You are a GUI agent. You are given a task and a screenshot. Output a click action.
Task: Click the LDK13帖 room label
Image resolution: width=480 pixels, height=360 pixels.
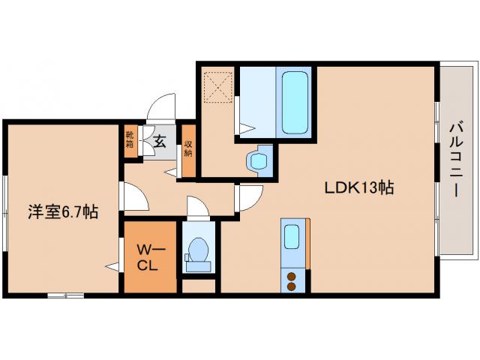pyautogui.click(x=358, y=187)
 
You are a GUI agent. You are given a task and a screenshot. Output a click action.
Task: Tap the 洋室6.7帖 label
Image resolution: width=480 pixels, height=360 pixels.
pyautogui.click(x=63, y=211)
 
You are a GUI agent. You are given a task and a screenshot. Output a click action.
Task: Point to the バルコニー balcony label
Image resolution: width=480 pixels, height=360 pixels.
pyautogui.click(x=457, y=160)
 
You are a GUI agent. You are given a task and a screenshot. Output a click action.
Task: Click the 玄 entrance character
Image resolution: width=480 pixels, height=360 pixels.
pyautogui.click(x=160, y=142)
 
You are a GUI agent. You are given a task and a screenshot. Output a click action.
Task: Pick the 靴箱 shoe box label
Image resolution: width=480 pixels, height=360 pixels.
pyautogui.click(x=130, y=139)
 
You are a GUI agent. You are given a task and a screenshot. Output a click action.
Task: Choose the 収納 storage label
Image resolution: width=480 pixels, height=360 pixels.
pyautogui.click(x=188, y=148)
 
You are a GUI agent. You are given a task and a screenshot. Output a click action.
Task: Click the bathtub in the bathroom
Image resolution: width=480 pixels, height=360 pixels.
pyautogui.click(x=295, y=102)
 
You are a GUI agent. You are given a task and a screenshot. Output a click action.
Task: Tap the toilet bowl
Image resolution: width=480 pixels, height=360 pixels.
pyautogui.click(x=198, y=250)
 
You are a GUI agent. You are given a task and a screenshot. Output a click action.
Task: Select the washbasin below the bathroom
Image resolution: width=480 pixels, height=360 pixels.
pyautogui.click(x=258, y=161)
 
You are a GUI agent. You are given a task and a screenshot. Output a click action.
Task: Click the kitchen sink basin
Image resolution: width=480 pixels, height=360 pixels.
pyautogui.click(x=292, y=237)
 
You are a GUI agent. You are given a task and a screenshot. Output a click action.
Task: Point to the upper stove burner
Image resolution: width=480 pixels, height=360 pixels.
pyautogui.click(x=291, y=277)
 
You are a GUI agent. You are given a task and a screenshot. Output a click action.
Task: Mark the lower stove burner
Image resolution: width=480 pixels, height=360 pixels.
pyautogui.click(x=291, y=286)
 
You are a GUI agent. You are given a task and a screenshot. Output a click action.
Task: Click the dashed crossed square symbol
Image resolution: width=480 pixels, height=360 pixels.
pyautogui.click(x=218, y=87)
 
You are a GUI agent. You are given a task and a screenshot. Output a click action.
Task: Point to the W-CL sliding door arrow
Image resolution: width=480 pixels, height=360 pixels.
pyautogui.click(x=112, y=266)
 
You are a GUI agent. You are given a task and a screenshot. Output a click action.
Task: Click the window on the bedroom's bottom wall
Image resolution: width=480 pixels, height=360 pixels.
pyautogui.click(x=65, y=295)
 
